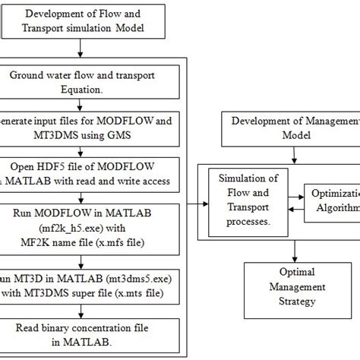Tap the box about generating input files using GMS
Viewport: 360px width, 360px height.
tap(91, 127)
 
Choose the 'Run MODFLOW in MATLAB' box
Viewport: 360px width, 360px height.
tap(91, 224)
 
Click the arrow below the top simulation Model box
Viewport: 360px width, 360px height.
tap(80, 48)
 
